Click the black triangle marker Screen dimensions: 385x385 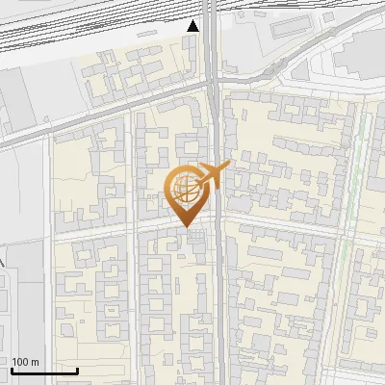coord(193,26)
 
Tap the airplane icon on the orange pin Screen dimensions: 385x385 coord(211,175)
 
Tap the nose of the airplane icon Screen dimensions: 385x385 coord(228,166)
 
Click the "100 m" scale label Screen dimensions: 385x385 coord(25,362)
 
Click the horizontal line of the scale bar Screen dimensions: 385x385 coord(44,372)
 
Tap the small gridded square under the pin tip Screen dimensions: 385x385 coord(196,236)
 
